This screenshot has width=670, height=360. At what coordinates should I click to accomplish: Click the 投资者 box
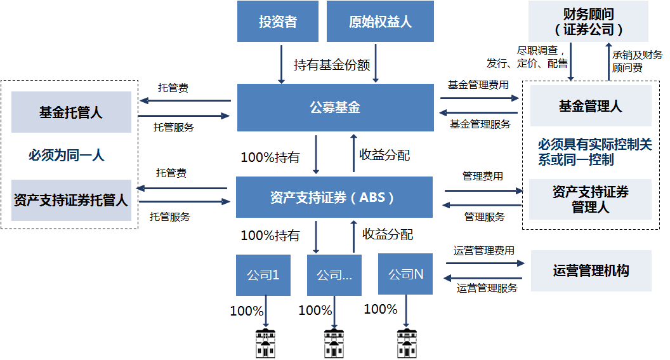point(277,22)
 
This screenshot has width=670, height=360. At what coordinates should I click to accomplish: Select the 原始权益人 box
point(380,22)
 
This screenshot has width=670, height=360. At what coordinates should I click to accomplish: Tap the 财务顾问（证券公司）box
point(588,22)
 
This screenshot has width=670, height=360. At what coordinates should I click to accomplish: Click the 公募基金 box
point(334,107)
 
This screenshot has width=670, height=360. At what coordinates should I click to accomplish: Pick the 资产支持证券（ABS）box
point(334,197)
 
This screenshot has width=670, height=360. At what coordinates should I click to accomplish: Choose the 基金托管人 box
point(71,112)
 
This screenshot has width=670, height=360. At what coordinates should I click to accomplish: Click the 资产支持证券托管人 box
point(71,200)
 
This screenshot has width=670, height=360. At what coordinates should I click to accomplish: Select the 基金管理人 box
point(590,106)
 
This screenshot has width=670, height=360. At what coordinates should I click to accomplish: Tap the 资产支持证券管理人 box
point(590,199)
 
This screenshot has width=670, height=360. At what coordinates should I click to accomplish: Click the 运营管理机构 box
point(591,270)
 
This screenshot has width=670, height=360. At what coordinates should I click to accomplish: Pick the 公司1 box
point(263,275)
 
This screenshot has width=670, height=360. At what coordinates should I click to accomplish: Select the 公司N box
point(405,274)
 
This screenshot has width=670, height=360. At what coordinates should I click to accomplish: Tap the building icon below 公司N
point(407,343)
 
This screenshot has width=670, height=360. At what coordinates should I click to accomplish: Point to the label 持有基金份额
point(332,65)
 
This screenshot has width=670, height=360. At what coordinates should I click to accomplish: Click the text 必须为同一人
point(66,155)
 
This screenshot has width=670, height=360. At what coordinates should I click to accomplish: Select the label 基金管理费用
point(478,84)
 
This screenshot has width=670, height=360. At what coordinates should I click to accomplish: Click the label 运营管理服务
point(487,288)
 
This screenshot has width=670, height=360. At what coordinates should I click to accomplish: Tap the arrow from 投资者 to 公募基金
point(281,63)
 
